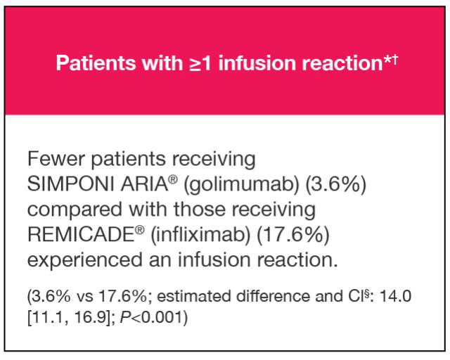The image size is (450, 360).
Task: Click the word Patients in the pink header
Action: [96, 63]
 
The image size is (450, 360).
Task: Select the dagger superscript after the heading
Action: [394, 59]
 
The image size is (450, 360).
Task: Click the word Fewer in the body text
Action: [56, 159]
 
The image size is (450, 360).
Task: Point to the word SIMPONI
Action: [71, 184]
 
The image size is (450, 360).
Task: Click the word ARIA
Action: [144, 184]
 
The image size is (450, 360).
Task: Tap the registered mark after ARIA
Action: [173, 180]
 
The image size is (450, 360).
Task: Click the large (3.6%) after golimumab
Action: [335, 184]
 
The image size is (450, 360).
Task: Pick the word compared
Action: [75, 210]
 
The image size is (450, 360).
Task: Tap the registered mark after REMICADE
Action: [140, 231]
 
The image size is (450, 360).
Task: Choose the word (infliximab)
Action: [200, 235]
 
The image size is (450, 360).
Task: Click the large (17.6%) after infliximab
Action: [292, 235]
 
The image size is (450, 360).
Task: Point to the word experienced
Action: [85, 260]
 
